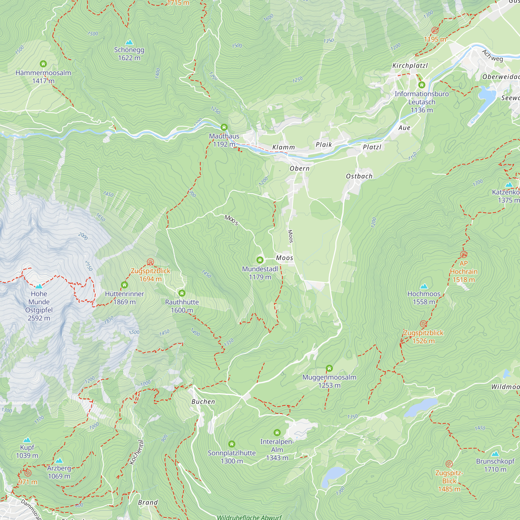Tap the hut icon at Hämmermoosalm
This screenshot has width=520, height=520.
click(x=43, y=64)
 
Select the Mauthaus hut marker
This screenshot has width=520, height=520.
click(x=224, y=127)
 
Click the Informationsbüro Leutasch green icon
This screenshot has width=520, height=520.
click(x=421, y=85)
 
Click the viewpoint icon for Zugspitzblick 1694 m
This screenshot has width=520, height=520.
click(x=151, y=262)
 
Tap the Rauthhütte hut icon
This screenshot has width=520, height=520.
click(x=182, y=293)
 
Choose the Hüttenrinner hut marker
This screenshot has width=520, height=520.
click(x=124, y=285)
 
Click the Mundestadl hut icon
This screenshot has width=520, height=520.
click(x=260, y=260)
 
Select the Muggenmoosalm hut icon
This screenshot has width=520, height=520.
click(x=329, y=368)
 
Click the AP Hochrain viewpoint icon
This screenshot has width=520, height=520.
click(x=464, y=254)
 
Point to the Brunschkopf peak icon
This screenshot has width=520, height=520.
click(x=495, y=454)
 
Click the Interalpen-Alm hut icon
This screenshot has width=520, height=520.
click(x=277, y=433)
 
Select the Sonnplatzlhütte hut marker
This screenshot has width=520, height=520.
click(x=232, y=444)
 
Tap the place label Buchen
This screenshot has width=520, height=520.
click(x=203, y=402)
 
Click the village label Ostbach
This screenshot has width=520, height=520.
click(x=359, y=176)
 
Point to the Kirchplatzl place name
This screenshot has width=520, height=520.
click(x=410, y=66)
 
